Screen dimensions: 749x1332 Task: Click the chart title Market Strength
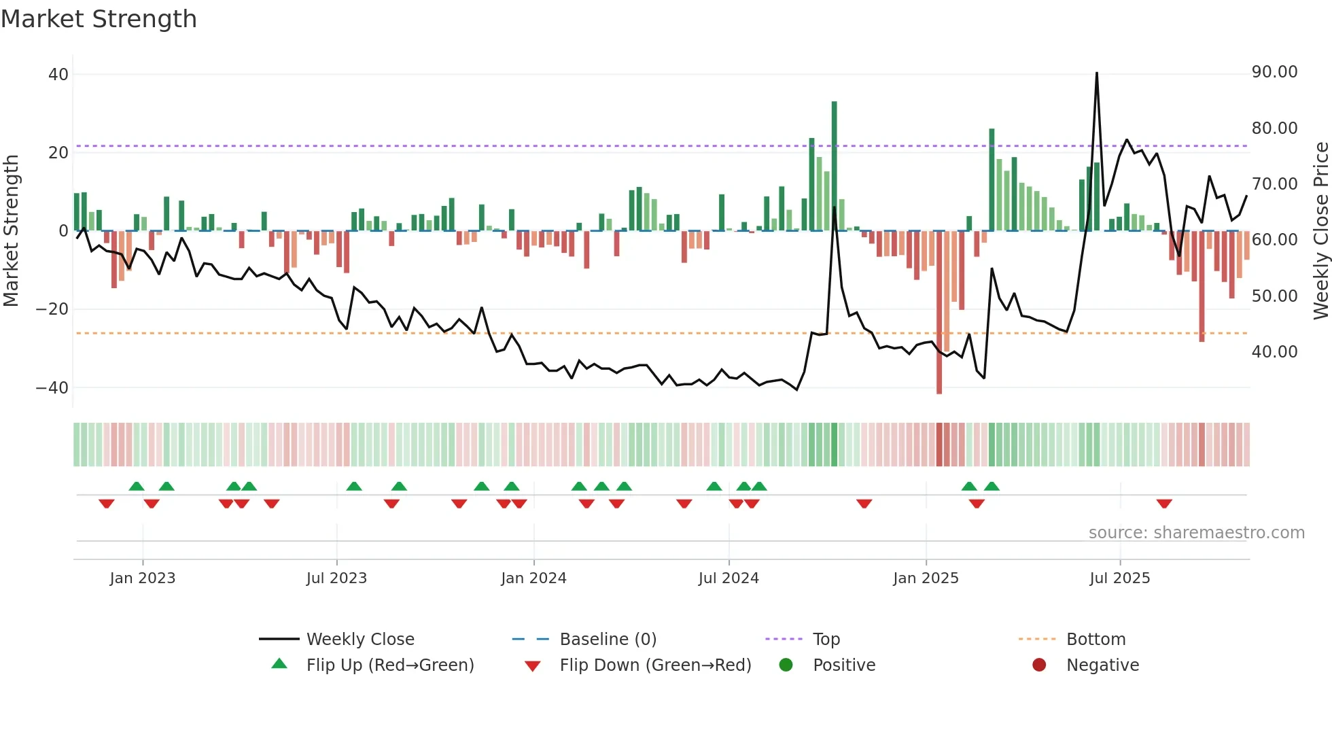point(99,19)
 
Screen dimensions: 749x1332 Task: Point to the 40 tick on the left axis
point(58,75)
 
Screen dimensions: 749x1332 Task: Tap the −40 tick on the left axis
point(52,388)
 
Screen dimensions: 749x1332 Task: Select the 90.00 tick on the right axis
point(1274,72)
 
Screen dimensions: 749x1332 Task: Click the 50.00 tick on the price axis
point(1274,296)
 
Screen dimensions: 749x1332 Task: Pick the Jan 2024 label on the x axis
point(533,578)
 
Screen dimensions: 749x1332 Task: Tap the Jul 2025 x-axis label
point(1119,578)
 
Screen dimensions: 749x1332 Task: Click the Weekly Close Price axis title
point(1320,231)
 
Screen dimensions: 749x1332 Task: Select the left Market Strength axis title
point(11,231)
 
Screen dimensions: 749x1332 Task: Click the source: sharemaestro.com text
point(1196,533)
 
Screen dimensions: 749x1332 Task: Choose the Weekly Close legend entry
point(360,640)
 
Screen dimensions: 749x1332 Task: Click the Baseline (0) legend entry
point(608,640)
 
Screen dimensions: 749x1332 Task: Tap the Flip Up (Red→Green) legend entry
point(389,665)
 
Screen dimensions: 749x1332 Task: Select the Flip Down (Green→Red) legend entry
point(655,665)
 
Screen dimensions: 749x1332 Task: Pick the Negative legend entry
point(1102,665)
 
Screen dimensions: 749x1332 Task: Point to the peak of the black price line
point(1096,73)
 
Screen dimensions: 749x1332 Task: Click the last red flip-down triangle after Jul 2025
point(1164,504)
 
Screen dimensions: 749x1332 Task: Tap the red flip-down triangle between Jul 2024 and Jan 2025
point(864,504)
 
